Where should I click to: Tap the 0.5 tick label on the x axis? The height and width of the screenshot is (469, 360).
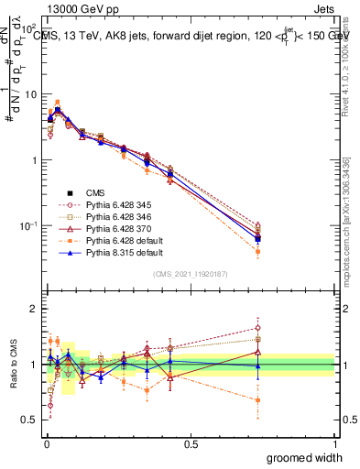click(x=191, y=444)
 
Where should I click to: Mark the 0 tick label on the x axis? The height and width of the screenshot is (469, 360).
click(x=47, y=444)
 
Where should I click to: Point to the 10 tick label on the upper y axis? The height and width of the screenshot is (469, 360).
click(x=30, y=94)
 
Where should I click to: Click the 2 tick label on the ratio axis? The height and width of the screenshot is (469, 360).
click(x=34, y=309)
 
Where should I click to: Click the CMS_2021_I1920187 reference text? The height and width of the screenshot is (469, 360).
click(x=191, y=274)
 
